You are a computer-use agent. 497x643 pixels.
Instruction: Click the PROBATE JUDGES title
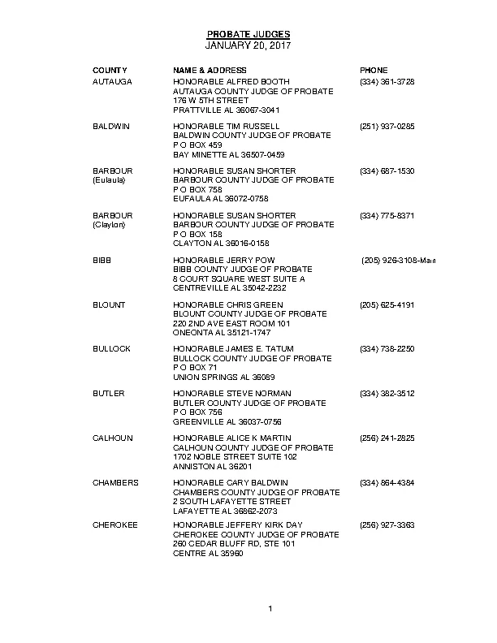(x=248, y=34)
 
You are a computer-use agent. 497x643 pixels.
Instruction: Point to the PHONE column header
(x=374, y=71)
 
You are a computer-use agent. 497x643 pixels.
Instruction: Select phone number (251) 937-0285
(x=387, y=127)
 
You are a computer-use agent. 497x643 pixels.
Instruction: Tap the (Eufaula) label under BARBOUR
(x=109, y=180)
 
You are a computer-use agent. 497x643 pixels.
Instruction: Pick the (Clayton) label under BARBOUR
(x=109, y=225)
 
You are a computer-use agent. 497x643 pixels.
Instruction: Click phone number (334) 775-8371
(x=387, y=216)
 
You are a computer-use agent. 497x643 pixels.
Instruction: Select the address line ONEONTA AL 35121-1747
(x=222, y=332)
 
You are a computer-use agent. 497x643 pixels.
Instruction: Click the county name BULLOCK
(x=111, y=349)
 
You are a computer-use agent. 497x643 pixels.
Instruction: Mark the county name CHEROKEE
(x=115, y=525)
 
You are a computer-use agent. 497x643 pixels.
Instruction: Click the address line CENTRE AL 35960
(x=208, y=553)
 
